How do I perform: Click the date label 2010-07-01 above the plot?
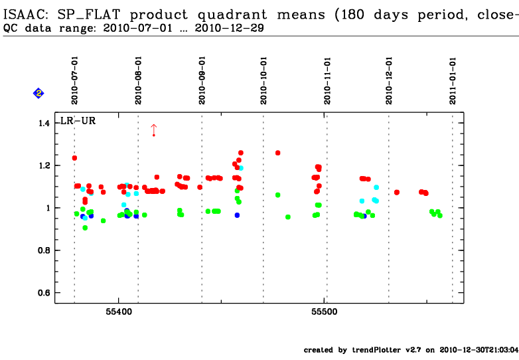click(x=75, y=80)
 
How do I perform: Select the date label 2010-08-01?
click(x=139, y=80)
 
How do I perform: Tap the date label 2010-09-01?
click(x=202, y=80)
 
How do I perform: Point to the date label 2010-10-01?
click(x=264, y=80)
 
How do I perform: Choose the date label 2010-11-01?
click(x=328, y=80)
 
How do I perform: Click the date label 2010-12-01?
click(x=390, y=80)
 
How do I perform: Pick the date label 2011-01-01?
click(x=453, y=80)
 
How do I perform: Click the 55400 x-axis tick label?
click(x=117, y=312)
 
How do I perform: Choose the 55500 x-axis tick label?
click(x=324, y=312)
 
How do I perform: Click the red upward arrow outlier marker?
click(x=153, y=129)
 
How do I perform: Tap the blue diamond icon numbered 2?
click(x=38, y=94)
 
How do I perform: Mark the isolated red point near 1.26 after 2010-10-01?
click(x=277, y=153)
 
